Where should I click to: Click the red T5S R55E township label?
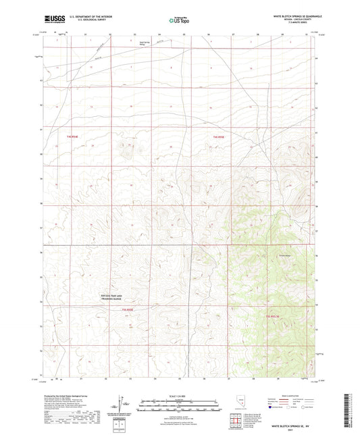point(128,310)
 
